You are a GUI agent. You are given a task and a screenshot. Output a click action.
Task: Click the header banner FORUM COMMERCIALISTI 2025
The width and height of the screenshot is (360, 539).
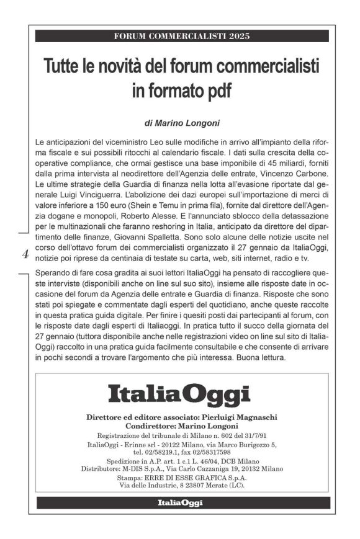182,35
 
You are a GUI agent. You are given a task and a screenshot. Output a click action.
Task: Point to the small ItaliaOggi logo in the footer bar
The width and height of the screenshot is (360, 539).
179,502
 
